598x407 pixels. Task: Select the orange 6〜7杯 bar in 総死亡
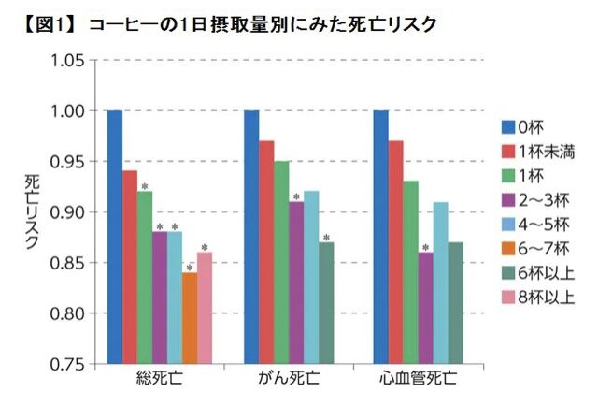[x=190, y=317]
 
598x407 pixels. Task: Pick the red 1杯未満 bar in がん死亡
[x=267, y=252]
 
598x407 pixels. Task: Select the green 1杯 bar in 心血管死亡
[x=411, y=272]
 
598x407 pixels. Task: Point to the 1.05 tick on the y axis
[x=67, y=61]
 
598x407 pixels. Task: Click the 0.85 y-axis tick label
[x=67, y=263]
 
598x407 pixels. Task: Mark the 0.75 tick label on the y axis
[x=67, y=363]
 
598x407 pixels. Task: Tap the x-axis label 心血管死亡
[x=420, y=381]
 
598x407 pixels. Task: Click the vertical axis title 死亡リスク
[x=31, y=211]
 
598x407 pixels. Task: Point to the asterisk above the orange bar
[x=190, y=269]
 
